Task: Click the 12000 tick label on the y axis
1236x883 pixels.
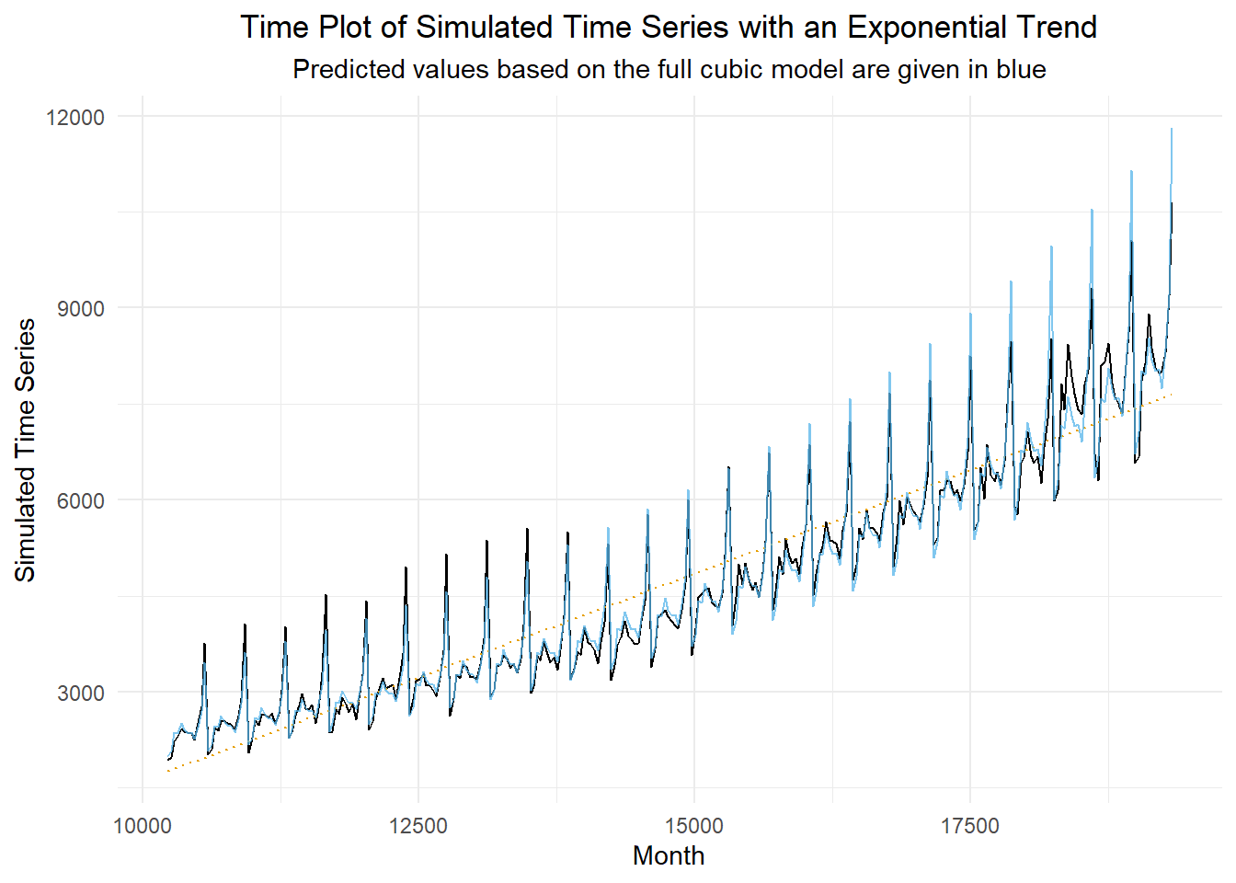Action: [x=74, y=117]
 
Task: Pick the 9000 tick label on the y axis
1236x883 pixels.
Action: [x=81, y=309]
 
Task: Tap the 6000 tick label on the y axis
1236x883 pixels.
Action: [x=81, y=500]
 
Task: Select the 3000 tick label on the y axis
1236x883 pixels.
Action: [x=81, y=693]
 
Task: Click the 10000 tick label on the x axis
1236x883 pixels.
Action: [x=143, y=826]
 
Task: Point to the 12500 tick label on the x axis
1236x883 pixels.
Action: [x=418, y=826]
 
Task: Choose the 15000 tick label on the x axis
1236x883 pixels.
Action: [x=694, y=826]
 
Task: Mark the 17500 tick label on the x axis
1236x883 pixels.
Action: [x=970, y=826]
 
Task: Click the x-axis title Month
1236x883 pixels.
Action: [x=669, y=856]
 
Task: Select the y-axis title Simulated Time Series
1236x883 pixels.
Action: [x=26, y=450]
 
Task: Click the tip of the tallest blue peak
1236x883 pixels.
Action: [x=1172, y=129]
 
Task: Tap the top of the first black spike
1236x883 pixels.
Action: [x=204, y=644]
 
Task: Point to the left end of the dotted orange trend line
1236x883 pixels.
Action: [x=168, y=771]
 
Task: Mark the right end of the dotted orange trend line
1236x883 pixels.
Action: [x=1172, y=395]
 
